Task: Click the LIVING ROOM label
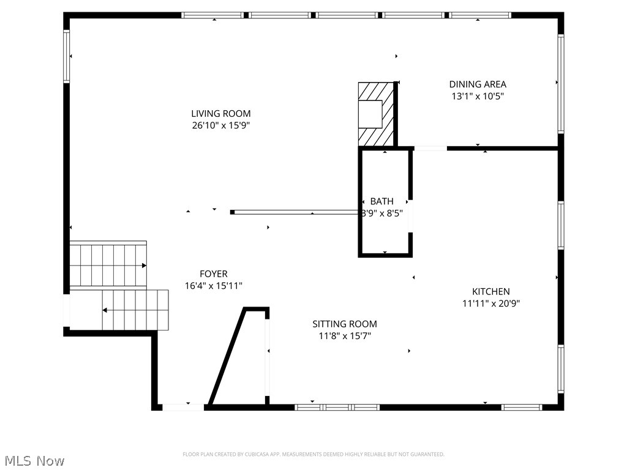220,113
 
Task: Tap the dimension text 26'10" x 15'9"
220,125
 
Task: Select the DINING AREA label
478,84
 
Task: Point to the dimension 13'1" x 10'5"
478,96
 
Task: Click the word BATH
382,201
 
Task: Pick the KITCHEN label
490,291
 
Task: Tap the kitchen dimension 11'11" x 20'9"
491,303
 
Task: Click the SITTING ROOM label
345,324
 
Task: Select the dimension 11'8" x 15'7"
345,335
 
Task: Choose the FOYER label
214,274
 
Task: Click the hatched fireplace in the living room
375,114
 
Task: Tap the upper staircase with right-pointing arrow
108,264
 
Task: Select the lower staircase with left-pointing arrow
135,310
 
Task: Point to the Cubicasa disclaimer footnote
313,454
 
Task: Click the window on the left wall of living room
67,56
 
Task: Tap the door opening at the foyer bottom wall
183,406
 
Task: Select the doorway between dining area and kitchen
430,148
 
